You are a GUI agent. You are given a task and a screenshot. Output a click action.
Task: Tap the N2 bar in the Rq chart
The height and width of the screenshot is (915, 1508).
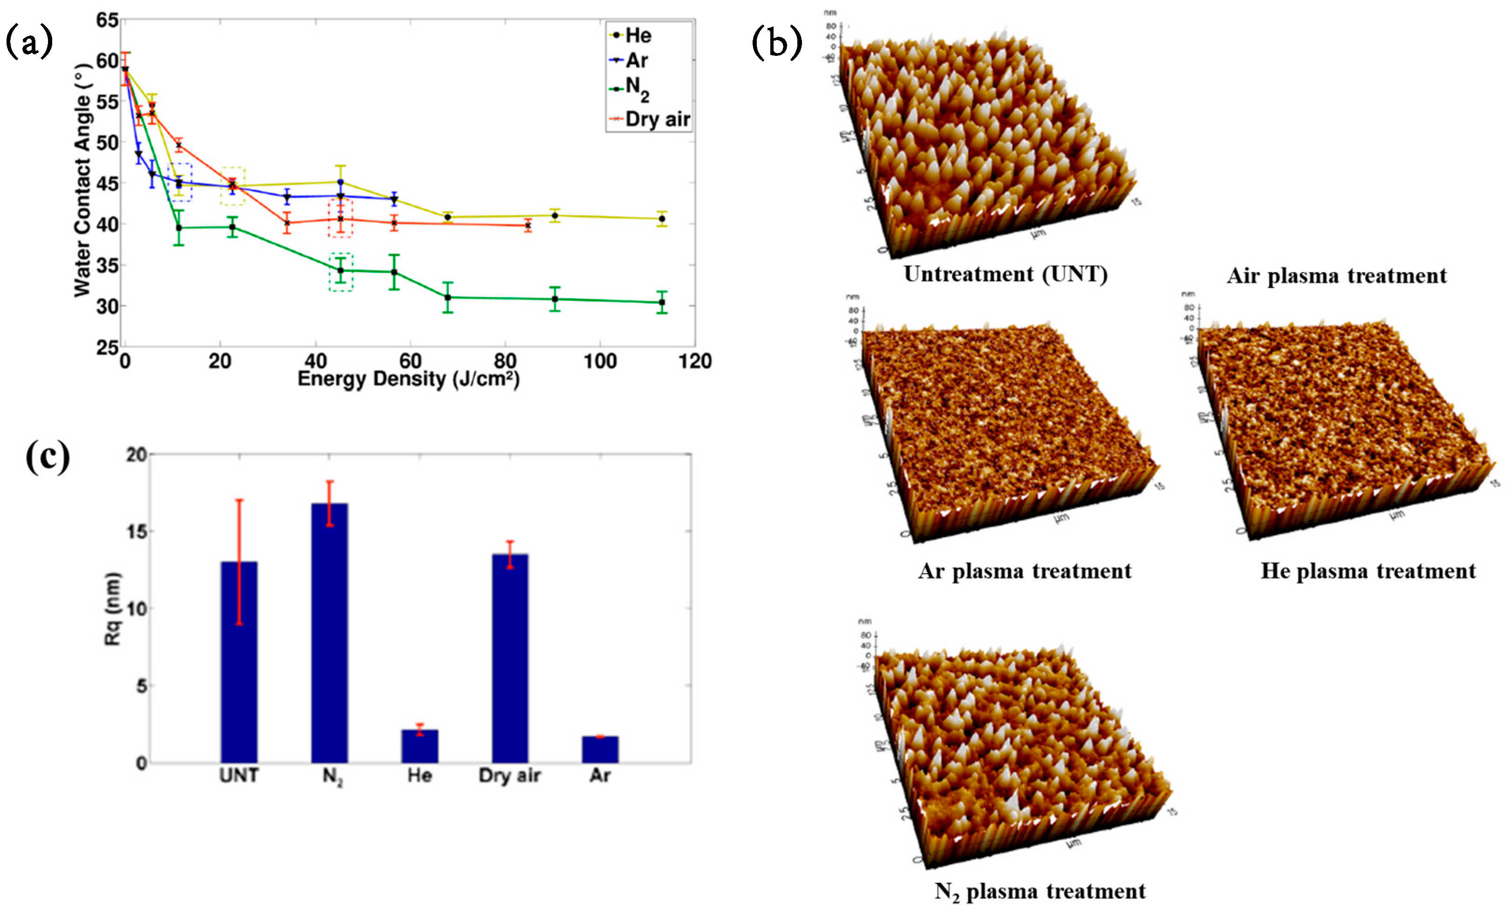[329, 633]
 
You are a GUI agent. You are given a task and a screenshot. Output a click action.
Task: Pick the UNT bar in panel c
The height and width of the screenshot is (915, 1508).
[240, 662]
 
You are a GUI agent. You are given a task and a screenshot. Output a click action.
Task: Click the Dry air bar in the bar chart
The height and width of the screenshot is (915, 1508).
[510, 658]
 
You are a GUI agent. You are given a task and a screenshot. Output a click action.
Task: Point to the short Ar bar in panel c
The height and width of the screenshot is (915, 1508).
[600, 749]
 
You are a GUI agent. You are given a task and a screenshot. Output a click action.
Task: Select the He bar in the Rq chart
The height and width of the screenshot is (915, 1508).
[420, 746]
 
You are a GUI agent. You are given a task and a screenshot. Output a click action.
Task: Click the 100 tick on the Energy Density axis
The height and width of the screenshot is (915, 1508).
[600, 361]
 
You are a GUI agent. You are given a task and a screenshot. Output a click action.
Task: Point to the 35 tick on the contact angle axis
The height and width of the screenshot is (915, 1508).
[107, 265]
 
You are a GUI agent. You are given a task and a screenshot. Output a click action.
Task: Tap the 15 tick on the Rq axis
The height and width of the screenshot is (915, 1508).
[137, 531]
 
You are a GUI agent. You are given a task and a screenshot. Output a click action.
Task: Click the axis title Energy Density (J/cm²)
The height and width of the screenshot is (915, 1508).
[408, 379]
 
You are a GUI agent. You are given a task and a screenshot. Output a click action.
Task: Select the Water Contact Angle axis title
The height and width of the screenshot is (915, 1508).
[82, 183]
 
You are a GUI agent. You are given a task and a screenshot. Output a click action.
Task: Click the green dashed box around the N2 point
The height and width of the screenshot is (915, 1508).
[341, 272]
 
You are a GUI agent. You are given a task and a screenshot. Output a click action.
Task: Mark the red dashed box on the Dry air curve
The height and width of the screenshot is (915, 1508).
[340, 218]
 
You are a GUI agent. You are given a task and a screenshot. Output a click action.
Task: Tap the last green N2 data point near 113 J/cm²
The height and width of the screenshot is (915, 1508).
[662, 302]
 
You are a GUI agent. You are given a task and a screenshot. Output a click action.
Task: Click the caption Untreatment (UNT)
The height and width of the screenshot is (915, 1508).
[1006, 274]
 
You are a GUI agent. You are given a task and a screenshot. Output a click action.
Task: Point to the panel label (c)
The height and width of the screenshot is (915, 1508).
[48, 457]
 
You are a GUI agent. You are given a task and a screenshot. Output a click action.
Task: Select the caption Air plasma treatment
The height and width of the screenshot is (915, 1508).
[1337, 276]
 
